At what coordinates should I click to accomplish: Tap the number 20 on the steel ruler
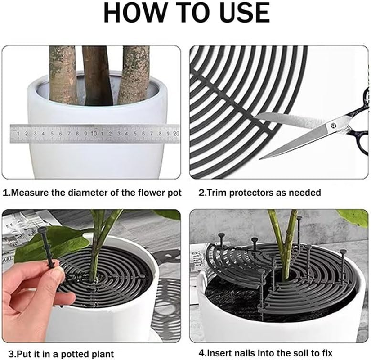click(175, 134)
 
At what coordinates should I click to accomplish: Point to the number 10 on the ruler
click(94, 134)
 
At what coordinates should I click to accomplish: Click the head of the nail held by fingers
click(43, 230)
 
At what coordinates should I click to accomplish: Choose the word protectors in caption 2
click(249, 193)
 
